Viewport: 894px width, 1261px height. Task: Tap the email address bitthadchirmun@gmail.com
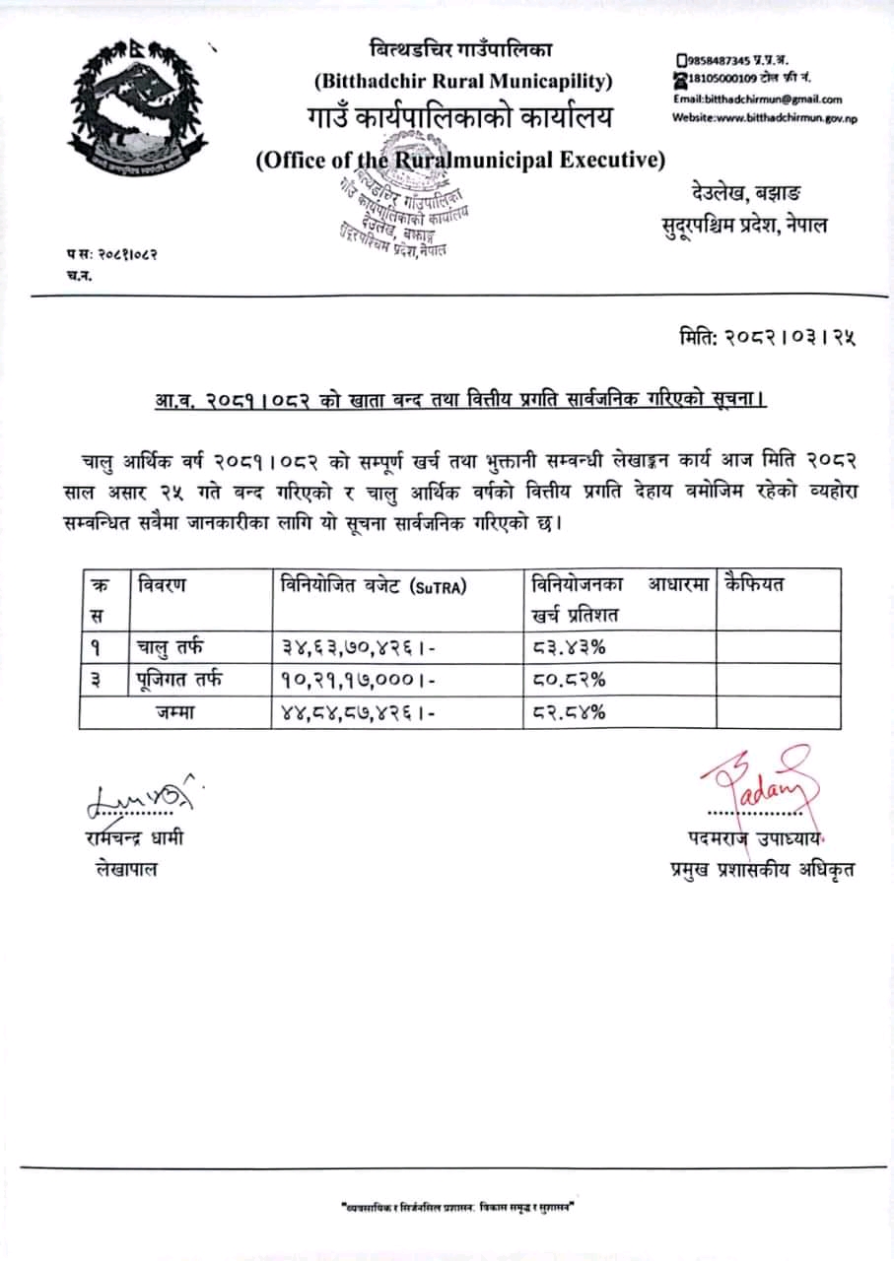pos(758,99)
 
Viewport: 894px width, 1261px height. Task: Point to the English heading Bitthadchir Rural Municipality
pos(462,81)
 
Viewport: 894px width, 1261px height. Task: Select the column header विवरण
pos(163,584)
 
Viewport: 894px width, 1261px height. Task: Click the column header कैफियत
pos(754,584)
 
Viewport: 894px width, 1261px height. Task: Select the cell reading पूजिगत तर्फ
pos(179,679)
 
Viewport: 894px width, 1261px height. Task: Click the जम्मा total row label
pos(175,712)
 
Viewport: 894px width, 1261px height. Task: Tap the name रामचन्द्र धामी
pos(134,839)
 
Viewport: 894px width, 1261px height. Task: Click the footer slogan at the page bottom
pos(456,1207)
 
